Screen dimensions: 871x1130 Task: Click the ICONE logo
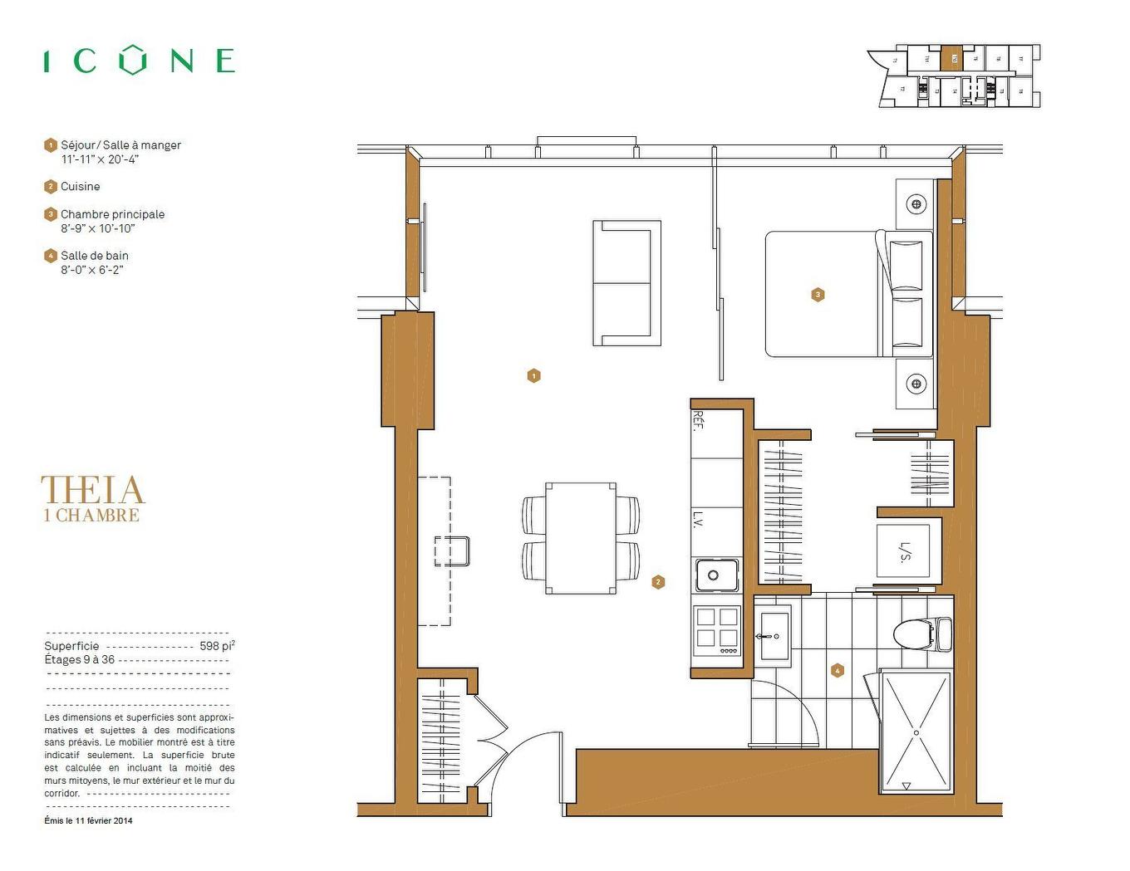140,61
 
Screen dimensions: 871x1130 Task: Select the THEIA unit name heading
93,490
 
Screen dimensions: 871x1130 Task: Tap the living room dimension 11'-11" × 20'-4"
100,159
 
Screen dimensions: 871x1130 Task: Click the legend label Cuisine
80,187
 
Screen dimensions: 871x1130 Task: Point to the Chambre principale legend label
112,214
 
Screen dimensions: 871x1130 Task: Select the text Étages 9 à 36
80,660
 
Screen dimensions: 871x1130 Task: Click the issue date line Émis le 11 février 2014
88,821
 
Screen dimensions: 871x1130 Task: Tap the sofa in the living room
626,283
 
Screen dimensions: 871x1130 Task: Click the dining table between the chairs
581,538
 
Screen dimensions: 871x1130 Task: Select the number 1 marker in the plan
533,376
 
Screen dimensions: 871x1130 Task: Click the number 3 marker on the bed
818,295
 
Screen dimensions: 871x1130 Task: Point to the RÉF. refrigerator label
698,420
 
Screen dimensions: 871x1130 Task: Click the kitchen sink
716,575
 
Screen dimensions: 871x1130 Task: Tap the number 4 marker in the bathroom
837,671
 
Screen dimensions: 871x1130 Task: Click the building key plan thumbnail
955,76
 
